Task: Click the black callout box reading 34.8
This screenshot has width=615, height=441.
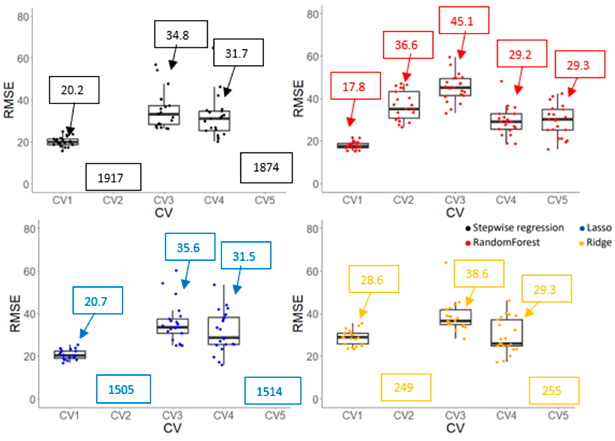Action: pos(181,34)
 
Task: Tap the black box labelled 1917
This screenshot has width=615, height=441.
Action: pos(113,177)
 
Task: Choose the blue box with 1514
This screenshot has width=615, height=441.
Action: pos(273,391)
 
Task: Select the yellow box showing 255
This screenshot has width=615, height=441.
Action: pos(554,391)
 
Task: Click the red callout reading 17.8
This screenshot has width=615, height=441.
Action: pos(355,86)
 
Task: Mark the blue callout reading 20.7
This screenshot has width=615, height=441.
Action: pos(98,301)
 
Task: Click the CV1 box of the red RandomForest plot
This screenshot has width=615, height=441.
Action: pos(353,146)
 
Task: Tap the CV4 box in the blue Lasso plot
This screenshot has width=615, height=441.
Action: pos(224,331)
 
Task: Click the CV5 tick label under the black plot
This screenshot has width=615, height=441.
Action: pos(265,201)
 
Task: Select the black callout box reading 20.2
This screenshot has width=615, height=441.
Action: pos(74,90)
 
